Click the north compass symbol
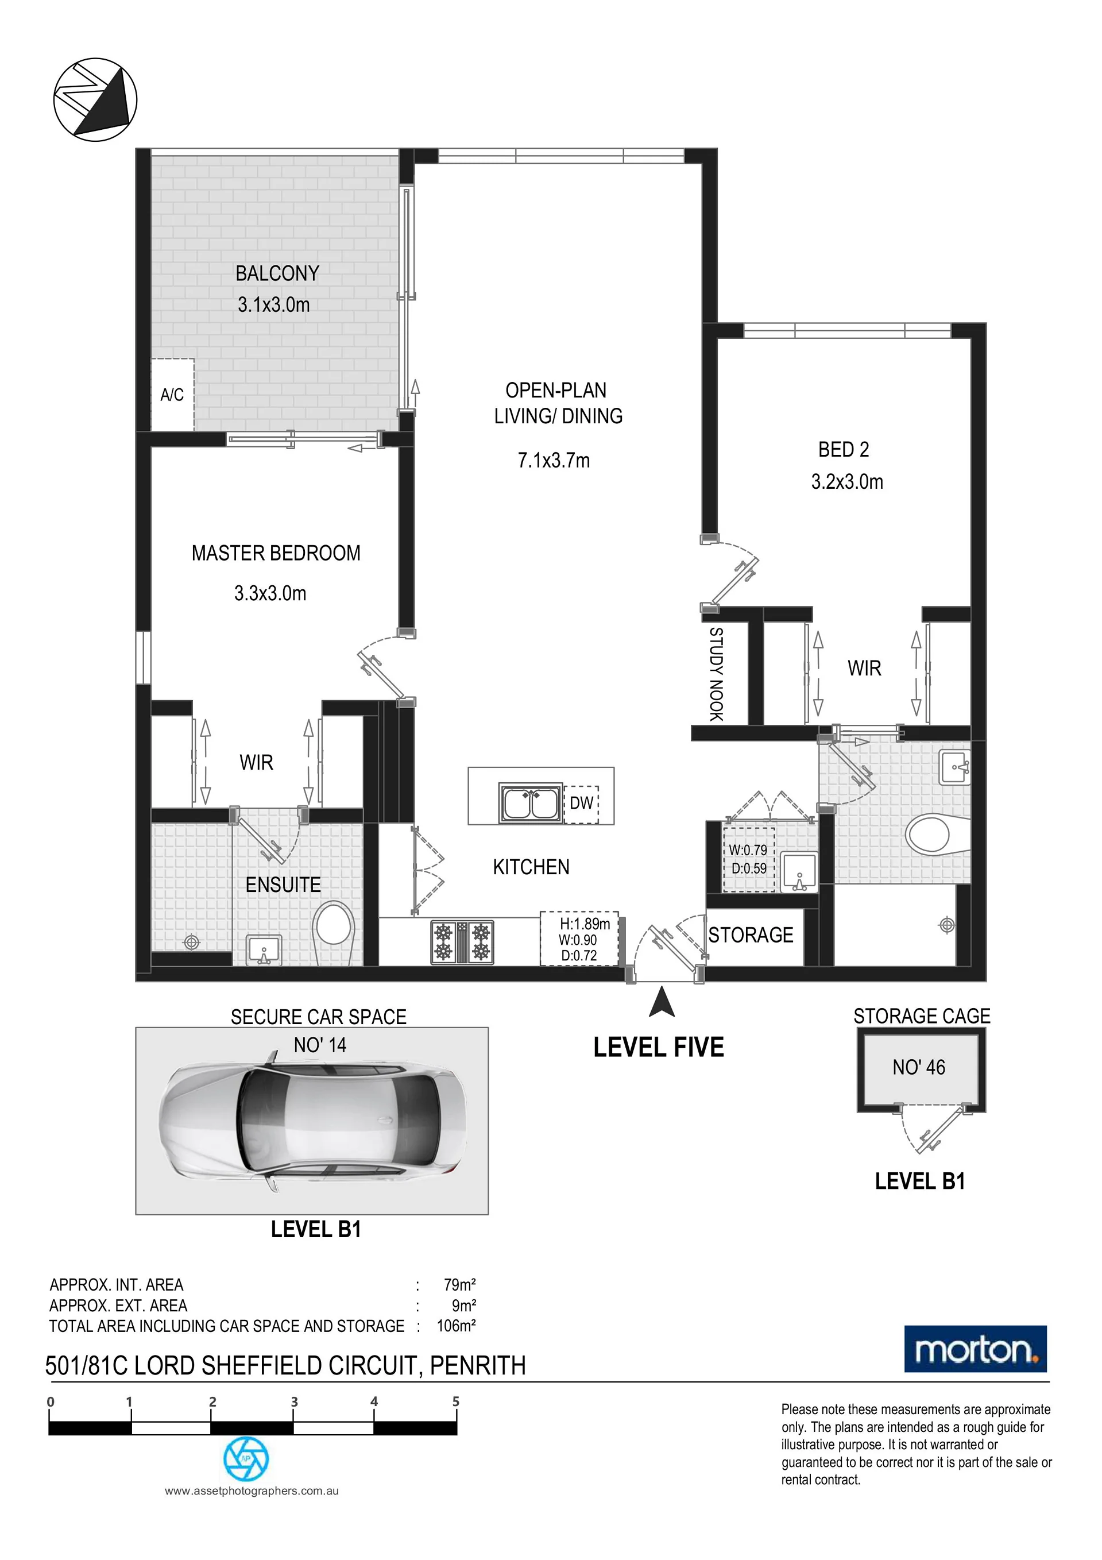(x=95, y=99)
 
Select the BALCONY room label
(x=277, y=273)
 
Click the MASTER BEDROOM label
(x=276, y=553)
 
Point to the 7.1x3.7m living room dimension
(x=554, y=461)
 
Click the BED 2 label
(x=844, y=449)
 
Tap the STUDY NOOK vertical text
(x=716, y=674)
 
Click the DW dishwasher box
(x=582, y=803)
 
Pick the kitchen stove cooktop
(x=463, y=942)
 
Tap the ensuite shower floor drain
(x=192, y=943)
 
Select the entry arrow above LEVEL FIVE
(x=662, y=1002)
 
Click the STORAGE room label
(x=751, y=935)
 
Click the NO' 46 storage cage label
(x=919, y=1067)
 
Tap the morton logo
(x=976, y=1349)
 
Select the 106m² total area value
(x=456, y=1326)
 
